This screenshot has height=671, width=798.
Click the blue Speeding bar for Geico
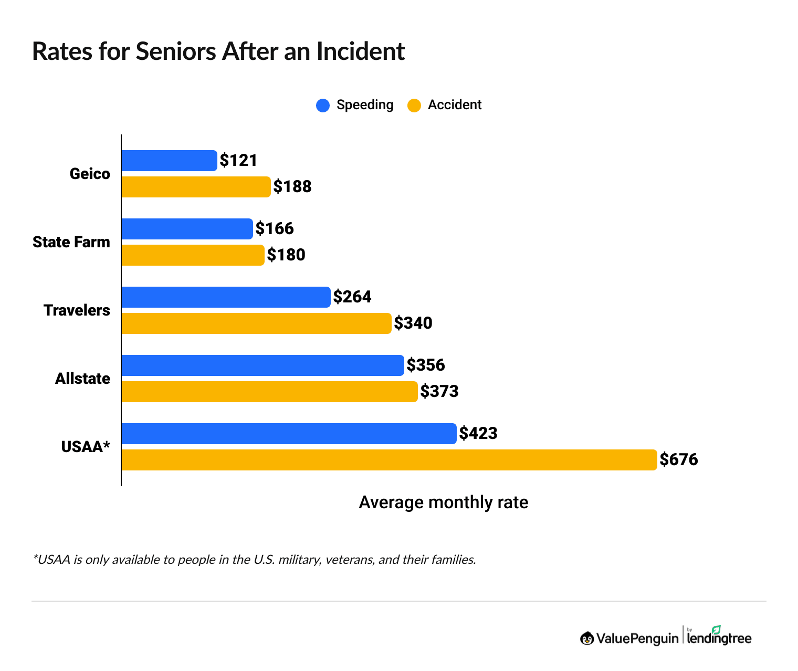pyautogui.click(x=169, y=161)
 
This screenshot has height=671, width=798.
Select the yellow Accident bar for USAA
pyautogui.click(x=388, y=460)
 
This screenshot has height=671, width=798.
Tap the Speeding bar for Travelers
pyautogui.click(x=226, y=297)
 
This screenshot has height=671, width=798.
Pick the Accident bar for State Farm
pyautogui.click(x=193, y=255)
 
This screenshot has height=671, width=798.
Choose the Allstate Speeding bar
pyautogui.click(x=262, y=365)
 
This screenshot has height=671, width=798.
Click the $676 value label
pyautogui.click(x=679, y=460)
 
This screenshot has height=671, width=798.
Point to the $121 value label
pyautogui.click(x=239, y=161)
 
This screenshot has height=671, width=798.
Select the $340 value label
pyautogui.click(x=413, y=323)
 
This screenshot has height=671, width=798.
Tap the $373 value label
pyautogui.click(x=439, y=392)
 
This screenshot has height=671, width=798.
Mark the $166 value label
pyautogui.click(x=275, y=229)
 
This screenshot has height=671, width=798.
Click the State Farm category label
pyautogui.click(x=71, y=242)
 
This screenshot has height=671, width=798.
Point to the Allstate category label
pyautogui.click(x=82, y=379)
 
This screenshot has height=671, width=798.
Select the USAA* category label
pyautogui.click(x=86, y=447)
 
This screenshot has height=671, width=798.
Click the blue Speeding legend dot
pyautogui.click(x=323, y=106)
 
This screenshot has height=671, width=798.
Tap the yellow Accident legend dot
pyautogui.click(x=414, y=106)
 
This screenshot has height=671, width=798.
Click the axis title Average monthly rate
pyautogui.click(x=443, y=502)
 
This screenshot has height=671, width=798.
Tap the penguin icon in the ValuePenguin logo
pyautogui.click(x=587, y=638)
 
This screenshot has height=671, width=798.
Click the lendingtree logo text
pyautogui.click(x=719, y=638)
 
